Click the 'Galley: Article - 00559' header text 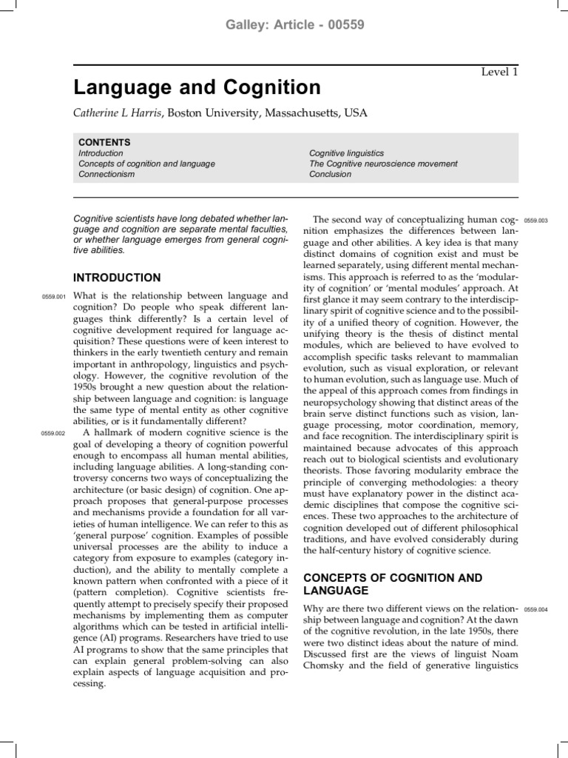click(x=284, y=24)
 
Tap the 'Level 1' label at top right click(x=500, y=72)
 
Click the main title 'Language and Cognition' click(x=197, y=88)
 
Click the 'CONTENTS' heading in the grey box click(x=104, y=142)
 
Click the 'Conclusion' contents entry click(x=330, y=174)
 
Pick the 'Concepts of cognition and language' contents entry click(x=146, y=164)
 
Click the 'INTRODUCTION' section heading click(x=117, y=278)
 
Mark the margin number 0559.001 click(x=54, y=298)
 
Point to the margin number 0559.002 click(x=54, y=433)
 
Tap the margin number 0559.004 click(x=535, y=609)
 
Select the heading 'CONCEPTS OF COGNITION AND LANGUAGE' click(x=392, y=583)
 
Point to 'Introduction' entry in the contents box click(x=101, y=153)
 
